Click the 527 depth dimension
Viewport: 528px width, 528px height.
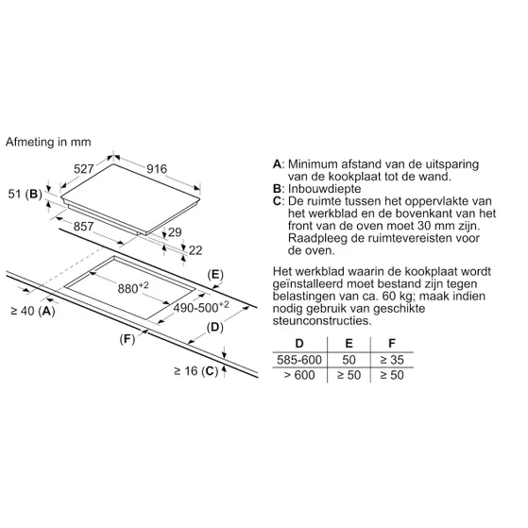click(83, 168)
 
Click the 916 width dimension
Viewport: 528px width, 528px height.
click(157, 168)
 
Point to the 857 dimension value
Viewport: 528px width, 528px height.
click(83, 226)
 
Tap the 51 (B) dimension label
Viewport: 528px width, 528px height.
click(26, 194)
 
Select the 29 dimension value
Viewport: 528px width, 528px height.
click(175, 232)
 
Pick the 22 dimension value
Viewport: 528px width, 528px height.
click(196, 250)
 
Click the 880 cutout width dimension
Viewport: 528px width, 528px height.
click(133, 287)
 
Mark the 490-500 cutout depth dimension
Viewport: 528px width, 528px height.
click(201, 306)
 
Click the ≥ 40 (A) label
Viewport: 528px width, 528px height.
click(33, 311)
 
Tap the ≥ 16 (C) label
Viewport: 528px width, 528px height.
click(196, 371)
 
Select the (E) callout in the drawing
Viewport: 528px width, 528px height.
click(215, 275)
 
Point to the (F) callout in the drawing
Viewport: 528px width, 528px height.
click(128, 339)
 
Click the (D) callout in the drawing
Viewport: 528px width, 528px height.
click(214, 327)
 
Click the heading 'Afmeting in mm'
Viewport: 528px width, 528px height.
click(48, 142)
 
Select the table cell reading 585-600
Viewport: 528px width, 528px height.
click(299, 360)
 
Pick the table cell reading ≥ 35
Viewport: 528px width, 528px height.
click(392, 360)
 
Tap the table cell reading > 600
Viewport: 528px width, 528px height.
click(299, 375)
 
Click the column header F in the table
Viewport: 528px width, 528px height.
click(392, 343)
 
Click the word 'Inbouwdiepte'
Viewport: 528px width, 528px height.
click(324, 189)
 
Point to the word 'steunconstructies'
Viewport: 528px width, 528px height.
click(321, 320)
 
